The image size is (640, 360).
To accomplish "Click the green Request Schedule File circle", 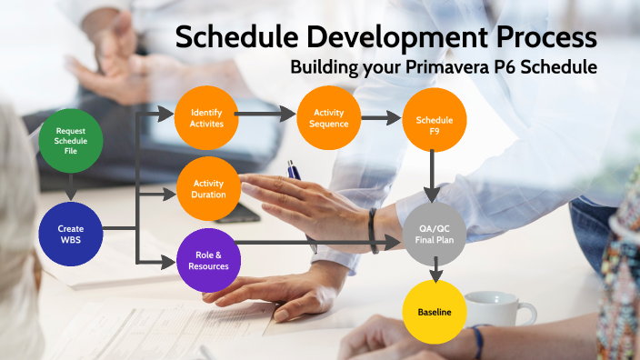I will (70, 144).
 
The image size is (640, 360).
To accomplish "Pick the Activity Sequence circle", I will (328, 117).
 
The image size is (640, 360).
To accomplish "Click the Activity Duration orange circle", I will (208, 188).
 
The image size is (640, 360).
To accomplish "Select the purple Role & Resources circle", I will (206, 260).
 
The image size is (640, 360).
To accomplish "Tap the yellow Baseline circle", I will (434, 313).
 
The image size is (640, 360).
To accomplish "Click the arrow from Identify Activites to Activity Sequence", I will (267, 115).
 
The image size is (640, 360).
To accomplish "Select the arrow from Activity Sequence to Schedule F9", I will (381, 117).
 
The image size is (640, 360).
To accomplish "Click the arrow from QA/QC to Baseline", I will (435, 271).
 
